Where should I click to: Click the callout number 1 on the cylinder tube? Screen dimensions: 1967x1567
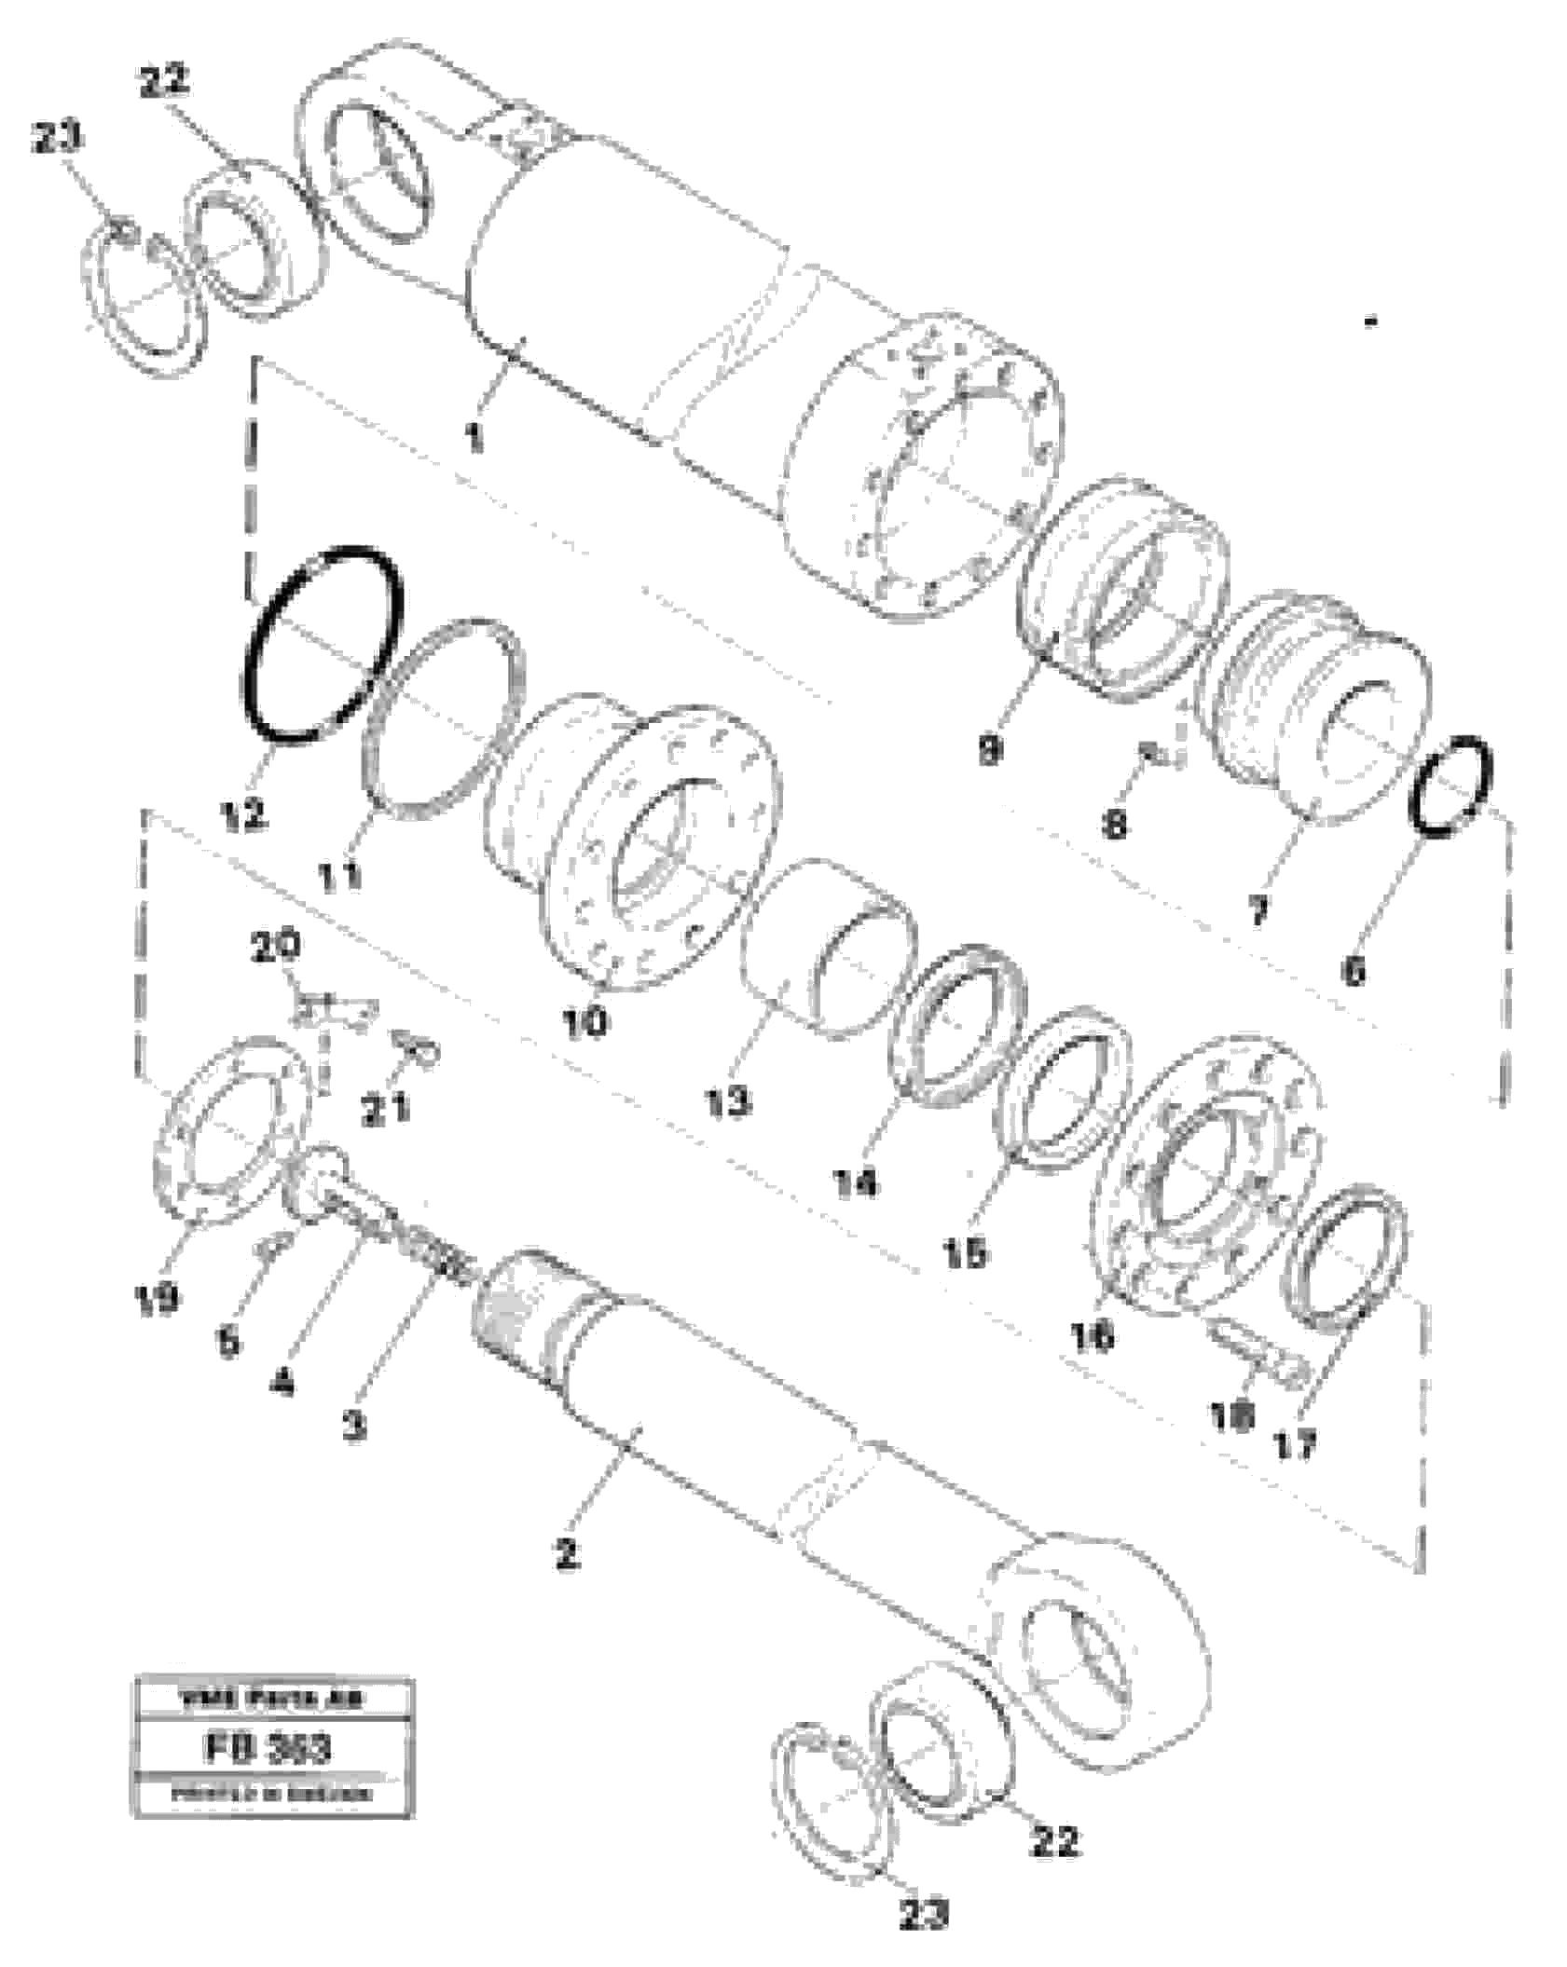475,436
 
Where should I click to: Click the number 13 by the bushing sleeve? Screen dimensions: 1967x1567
727,1101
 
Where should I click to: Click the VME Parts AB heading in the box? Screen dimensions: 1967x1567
272,1698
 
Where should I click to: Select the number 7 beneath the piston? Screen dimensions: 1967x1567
1258,909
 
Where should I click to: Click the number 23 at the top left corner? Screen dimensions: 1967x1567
58,138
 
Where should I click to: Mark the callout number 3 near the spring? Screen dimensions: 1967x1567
354,1426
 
